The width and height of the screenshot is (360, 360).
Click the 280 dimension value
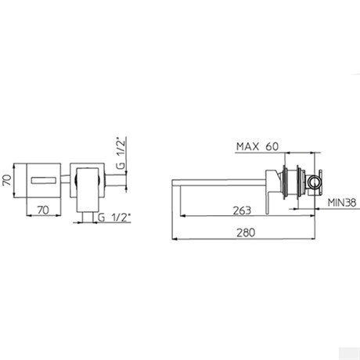[x=246, y=232]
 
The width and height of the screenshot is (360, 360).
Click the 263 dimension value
[x=242, y=211]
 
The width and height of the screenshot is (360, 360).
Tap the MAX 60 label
[x=257, y=146]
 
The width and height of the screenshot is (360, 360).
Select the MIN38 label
[x=342, y=203]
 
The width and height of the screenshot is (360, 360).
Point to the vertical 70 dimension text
[x=7, y=180]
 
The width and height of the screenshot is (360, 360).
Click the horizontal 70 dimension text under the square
[x=43, y=210]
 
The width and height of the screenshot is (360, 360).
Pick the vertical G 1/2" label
[x=121, y=153]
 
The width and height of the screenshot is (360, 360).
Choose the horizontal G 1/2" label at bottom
[x=114, y=218]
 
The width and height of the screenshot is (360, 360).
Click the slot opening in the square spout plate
[x=44, y=180]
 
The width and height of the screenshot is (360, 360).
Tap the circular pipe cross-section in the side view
[x=314, y=182]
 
